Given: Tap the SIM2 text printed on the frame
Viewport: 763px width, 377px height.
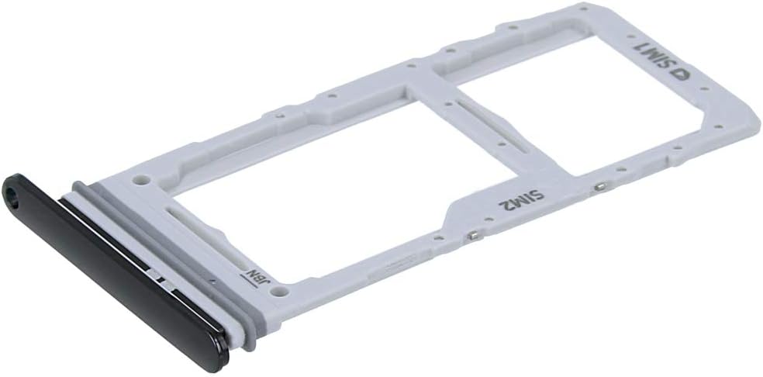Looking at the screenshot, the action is pyautogui.click(x=521, y=199).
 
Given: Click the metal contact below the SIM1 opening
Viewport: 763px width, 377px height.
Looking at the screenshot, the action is pyautogui.click(x=601, y=186).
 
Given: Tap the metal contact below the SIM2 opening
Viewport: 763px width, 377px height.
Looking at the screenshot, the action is pyautogui.click(x=471, y=235).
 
